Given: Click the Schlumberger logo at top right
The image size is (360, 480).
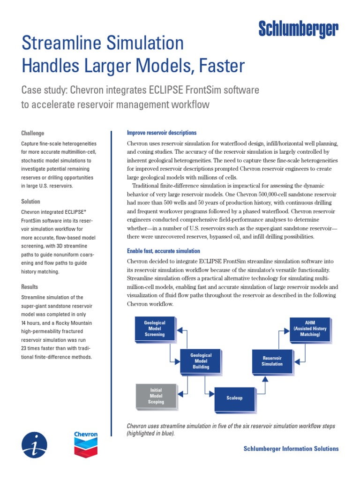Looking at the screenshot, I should click(x=298, y=30).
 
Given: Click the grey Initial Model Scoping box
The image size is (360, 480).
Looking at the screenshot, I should click(x=156, y=396).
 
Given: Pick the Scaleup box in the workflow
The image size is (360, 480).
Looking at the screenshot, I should click(x=234, y=398).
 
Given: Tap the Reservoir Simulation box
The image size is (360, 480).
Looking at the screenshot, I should click(x=272, y=361).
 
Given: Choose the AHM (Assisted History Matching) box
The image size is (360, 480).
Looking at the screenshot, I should click(x=310, y=329).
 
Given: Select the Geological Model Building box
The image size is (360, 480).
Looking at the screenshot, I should click(x=201, y=361).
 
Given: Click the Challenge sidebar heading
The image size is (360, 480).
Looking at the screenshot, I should click(x=33, y=133).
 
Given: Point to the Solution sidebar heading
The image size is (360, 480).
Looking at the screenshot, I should click(x=31, y=202).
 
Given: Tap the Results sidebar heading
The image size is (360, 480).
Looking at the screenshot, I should click(x=30, y=287).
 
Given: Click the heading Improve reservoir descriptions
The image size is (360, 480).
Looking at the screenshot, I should click(x=162, y=133).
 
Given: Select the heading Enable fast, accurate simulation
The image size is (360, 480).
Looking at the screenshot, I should click(x=164, y=251).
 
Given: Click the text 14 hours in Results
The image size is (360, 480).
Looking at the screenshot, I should click(x=33, y=323).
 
